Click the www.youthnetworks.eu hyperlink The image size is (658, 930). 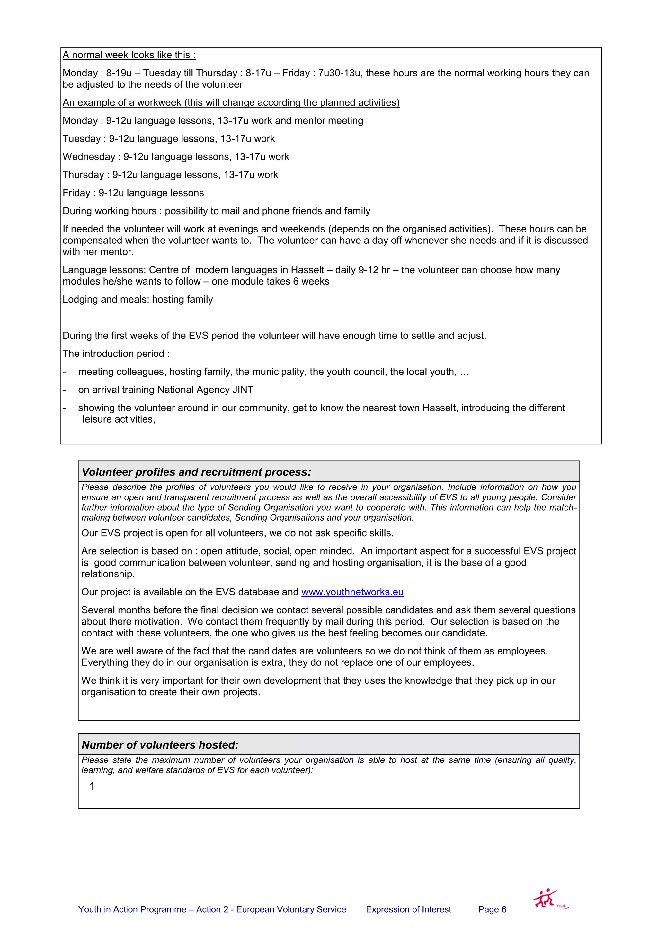352,592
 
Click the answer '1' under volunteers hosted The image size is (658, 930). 92,786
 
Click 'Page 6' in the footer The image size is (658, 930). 492,909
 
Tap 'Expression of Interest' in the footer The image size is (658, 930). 408,909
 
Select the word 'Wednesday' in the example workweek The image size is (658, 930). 89,157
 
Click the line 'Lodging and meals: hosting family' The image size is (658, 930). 138,299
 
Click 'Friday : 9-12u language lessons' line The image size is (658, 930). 133,193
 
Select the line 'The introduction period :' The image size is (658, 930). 116,354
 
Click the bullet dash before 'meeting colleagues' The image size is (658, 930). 65,372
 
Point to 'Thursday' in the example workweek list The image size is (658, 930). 83,175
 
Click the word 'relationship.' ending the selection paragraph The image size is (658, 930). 108,574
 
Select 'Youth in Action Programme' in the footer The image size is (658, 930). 132,909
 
